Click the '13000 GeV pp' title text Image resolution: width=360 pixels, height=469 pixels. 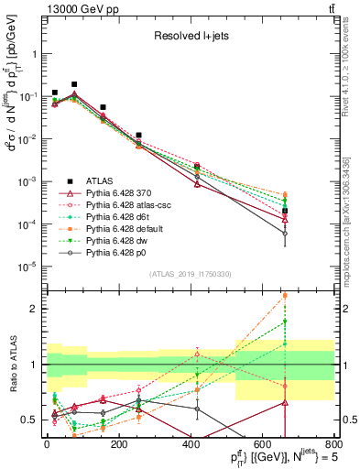click(69, 8)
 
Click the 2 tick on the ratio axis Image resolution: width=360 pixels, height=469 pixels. click(37, 309)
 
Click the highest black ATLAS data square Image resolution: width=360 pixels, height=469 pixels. click(74, 84)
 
